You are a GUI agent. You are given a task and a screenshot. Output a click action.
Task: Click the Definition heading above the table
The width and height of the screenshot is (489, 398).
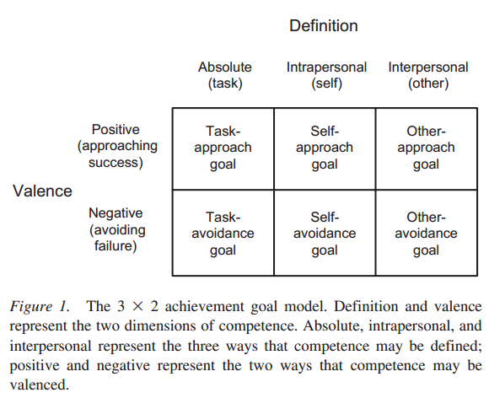click(x=324, y=26)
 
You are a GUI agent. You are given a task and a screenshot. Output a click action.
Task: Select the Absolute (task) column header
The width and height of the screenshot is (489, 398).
click(x=225, y=75)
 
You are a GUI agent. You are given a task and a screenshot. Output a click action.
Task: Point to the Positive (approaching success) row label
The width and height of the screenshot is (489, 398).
click(x=116, y=146)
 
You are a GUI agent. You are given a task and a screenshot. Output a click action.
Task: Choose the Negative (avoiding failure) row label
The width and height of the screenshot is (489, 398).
click(x=116, y=230)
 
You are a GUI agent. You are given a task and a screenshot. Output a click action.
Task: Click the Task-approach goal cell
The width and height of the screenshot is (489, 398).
click(x=223, y=148)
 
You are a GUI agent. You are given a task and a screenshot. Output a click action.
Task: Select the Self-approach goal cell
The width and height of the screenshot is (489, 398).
click(x=325, y=148)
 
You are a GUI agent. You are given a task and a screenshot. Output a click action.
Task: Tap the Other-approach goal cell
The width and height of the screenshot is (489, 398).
click(x=426, y=148)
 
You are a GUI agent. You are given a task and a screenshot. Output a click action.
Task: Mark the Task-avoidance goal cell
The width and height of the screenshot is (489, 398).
click(x=223, y=233)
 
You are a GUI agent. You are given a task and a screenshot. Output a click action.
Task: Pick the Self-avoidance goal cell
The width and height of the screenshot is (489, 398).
click(x=325, y=233)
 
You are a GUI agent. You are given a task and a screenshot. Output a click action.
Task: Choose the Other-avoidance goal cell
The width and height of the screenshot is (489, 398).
click(x=426, y=233)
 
